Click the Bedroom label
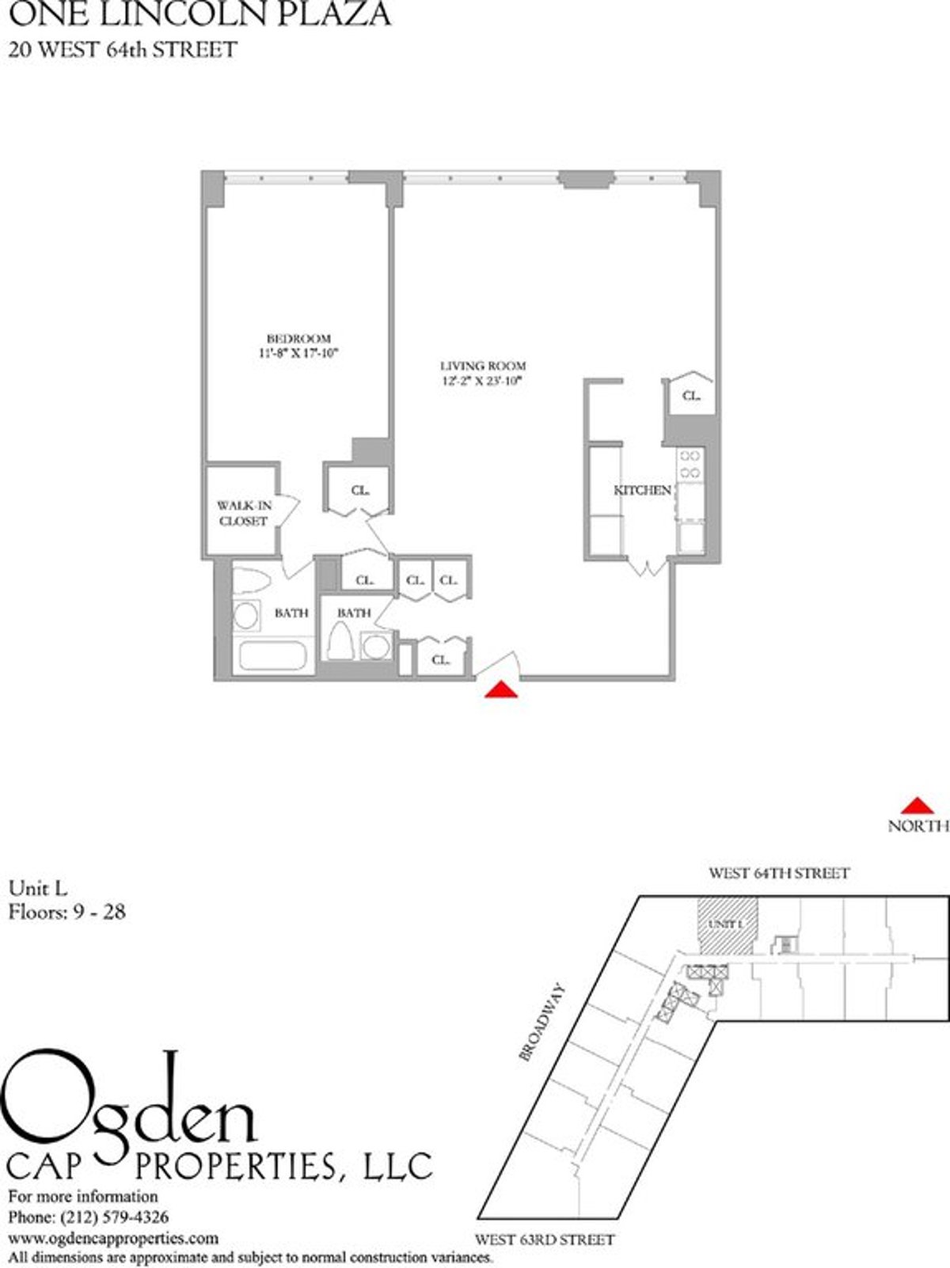coord(298,339)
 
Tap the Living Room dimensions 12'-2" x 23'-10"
coord(483,381)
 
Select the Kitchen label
coord(642,491)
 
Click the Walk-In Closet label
coord(243,513)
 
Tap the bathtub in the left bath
coord(272,656)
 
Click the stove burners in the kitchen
coord(690,464)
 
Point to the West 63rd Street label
coord(544,1240)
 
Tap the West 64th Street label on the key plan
coord(778,874)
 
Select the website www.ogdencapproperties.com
coord(112,1237)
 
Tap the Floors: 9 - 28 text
coord(66,912)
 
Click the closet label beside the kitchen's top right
coord(691,396)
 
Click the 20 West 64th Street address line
coord(122,50)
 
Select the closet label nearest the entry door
coord(441,659)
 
